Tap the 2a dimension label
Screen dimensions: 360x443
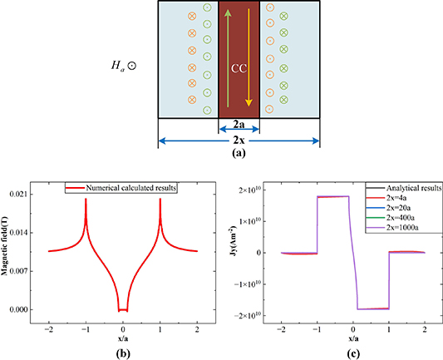(x=239, y=123)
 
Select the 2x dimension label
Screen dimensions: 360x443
(x=239, y=140)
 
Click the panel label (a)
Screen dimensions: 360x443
(x=239, y=153)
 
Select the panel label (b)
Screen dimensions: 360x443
(x=123, y=348)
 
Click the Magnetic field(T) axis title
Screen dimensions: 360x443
(x=12, y=251)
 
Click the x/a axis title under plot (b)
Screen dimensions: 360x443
(x=123, y=331)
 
